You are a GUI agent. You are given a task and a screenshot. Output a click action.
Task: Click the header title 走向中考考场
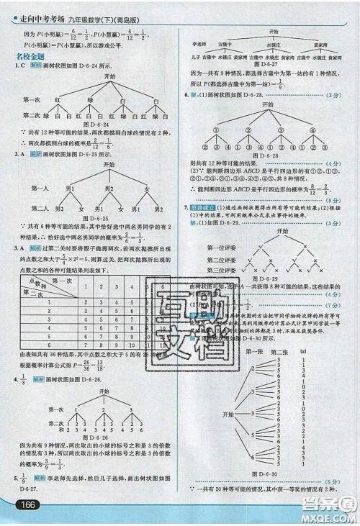coord(37,9)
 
